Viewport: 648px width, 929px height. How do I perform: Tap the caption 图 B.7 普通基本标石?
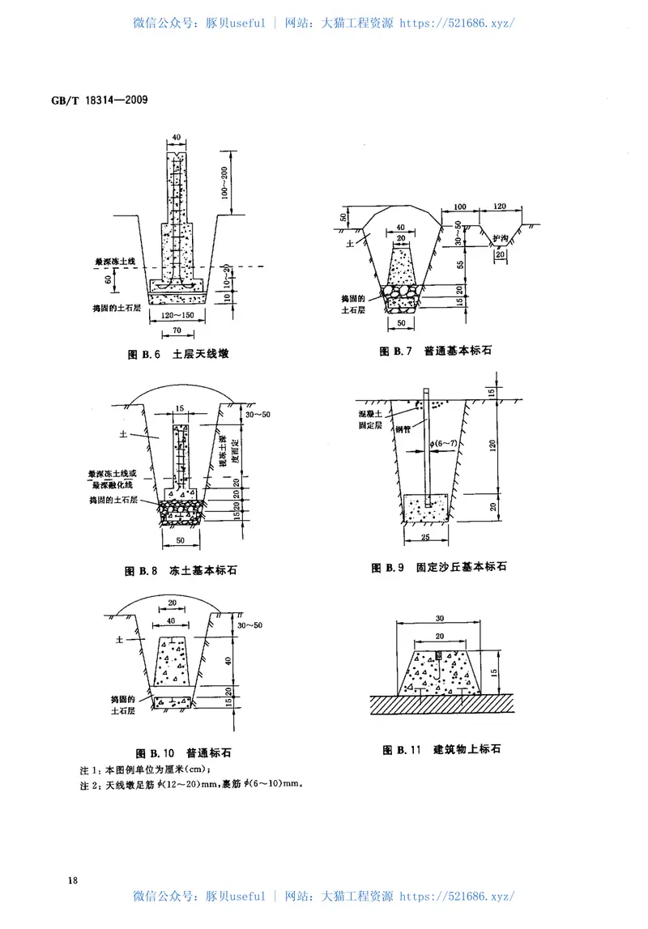(436, 351)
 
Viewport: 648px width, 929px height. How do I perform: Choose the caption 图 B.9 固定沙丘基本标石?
(438, 568)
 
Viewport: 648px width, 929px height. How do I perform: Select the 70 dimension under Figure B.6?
(175, 332)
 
